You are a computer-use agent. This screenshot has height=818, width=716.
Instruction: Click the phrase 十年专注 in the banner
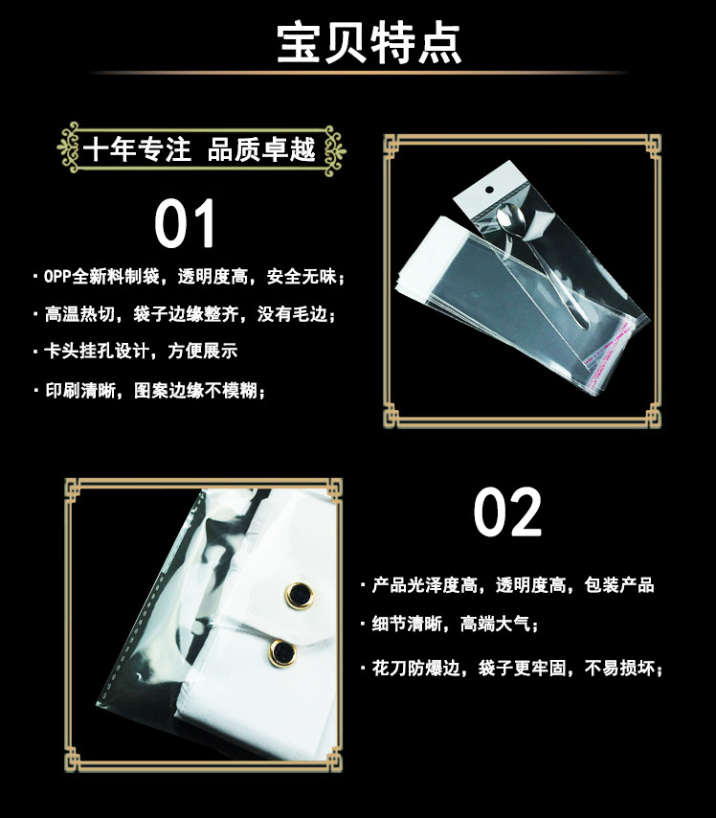coord(136,149)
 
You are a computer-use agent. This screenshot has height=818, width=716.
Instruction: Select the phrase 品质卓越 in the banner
coord(261,149)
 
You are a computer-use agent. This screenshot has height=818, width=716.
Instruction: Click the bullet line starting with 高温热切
coord(184,314)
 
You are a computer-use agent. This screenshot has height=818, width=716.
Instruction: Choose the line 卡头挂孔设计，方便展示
coord(135,352)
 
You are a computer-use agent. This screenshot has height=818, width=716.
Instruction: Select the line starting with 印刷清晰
coord(148,390)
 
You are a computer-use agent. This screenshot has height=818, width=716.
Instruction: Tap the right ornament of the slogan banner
coord(334,149)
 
